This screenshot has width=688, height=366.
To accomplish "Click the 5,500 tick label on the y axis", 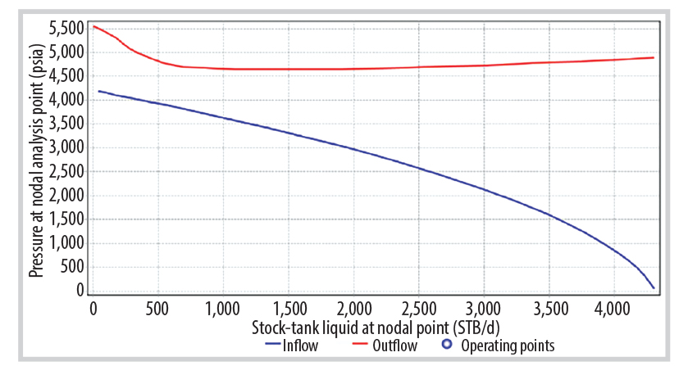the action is [66, 29].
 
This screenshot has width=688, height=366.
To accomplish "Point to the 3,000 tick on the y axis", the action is [66, 147].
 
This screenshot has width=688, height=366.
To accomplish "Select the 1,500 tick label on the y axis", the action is [66, 219].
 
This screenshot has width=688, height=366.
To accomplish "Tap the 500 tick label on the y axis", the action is [72, 266].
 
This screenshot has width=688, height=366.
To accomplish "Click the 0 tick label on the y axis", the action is [80, 290].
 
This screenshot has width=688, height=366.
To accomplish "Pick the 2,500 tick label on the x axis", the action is [418, 309].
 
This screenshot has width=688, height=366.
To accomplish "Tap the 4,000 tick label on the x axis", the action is [613, 309].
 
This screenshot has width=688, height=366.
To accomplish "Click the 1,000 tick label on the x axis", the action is [223, 309].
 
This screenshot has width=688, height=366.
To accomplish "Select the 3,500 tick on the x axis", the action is [549, 309].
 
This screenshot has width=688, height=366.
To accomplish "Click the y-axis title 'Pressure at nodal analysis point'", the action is [37, 160].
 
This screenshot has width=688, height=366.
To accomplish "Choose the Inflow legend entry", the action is [292, 346].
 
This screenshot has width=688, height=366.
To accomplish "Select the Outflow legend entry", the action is [385, 346].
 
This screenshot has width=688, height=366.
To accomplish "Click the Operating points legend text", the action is [508, 346].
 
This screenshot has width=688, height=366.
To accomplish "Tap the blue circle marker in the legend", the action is [447, 345].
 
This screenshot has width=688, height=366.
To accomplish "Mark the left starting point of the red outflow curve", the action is [93, 27].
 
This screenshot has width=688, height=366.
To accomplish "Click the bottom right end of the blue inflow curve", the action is [654, 288].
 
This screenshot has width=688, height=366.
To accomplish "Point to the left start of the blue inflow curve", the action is [99, 91].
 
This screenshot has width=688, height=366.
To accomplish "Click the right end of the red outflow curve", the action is [654, 57].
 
